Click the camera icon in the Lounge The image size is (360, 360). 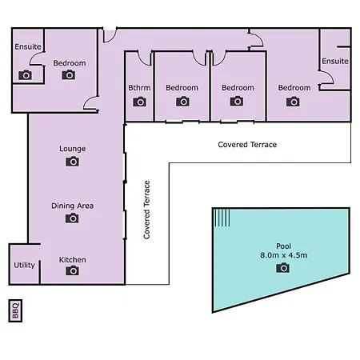tap(72, 162)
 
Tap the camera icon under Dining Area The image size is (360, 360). tap(72, 218)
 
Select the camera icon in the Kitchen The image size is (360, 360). tap(72, 270)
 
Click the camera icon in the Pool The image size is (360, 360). tap(282, 267)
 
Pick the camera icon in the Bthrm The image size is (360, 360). tap(139, 102)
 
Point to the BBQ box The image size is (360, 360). tap(15, 310)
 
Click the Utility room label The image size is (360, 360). tap(24, 265)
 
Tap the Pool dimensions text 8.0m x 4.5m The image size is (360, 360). tap(283, 255)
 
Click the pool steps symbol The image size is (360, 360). tap(222, 218)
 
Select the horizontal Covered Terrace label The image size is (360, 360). tap(247, 145)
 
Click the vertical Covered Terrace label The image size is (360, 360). tap(147, 210)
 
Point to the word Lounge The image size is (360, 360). tap(73, 149)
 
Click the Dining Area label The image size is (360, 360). tap(72, 206)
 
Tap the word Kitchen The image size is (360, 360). tap(72, 260)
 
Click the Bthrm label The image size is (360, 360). tap(139, 87)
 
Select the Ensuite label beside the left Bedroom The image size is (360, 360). tap(28, 46)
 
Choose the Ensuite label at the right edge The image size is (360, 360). tap(335, 61)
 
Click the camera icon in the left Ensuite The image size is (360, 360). tap(25, 75)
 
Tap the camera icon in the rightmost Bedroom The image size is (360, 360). tap(293, 102)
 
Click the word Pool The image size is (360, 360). tap(283, 246)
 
